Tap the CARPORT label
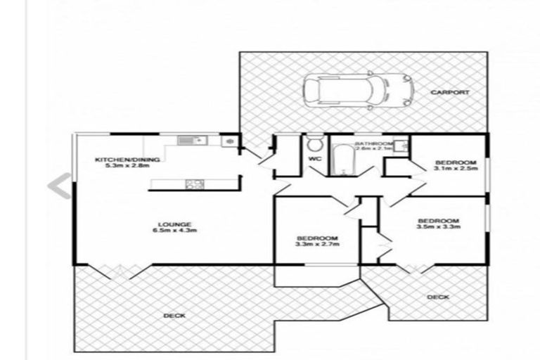coord(450,92)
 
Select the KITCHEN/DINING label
coord(127,160)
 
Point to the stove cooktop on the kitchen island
coord(194,184)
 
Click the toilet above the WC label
coord(314,145)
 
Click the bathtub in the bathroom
coord(342,162)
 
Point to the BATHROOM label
coord(373,143)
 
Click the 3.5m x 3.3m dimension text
coord(438,227)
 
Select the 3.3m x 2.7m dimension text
coord(317,244)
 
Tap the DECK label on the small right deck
coord(437,297)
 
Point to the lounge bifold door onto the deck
coord(117,270)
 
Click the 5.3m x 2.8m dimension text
coord(127,167)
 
